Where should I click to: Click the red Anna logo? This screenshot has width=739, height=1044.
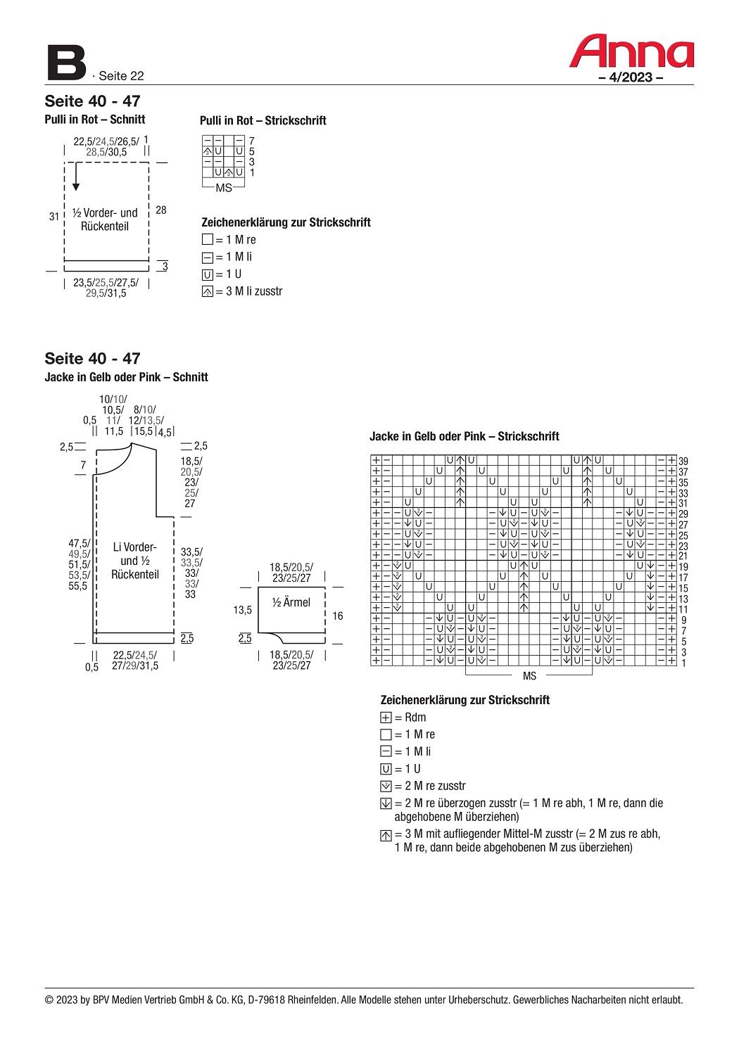click(x=631, y=52)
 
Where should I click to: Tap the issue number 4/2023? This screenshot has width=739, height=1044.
click(x=630, y=77)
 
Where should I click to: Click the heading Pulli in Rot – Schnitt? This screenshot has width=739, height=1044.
click(x=95, y=120)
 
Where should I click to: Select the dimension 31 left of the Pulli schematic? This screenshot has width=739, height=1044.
click(x=54, y=217)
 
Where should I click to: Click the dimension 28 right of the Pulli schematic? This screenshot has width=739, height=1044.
click(x=161, y=210)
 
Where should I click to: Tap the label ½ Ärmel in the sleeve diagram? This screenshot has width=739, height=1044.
click(x=291, y=603)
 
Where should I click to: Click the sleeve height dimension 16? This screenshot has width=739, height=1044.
click(x=338, y=616)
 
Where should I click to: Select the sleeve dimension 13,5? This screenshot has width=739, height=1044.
click(x=243, y=610)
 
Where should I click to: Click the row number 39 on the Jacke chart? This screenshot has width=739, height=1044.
click(x=683, y=461)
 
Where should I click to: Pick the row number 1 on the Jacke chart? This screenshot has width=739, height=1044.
click(x=683, y=663)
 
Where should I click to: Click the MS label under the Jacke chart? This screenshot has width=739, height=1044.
click(x=529, y=676)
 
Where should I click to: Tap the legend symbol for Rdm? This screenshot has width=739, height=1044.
click(x=386, y=718)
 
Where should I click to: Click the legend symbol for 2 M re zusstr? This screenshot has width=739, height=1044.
click(x=386, y=787)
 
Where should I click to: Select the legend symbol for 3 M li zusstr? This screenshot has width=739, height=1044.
click(x=207, y=292)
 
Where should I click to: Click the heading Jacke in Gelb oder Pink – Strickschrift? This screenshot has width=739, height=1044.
click(x=464, y=436)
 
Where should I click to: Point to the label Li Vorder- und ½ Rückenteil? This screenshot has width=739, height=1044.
click(x=134, y=561)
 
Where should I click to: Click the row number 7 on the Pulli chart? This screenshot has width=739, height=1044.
click(x=252, y=141)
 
